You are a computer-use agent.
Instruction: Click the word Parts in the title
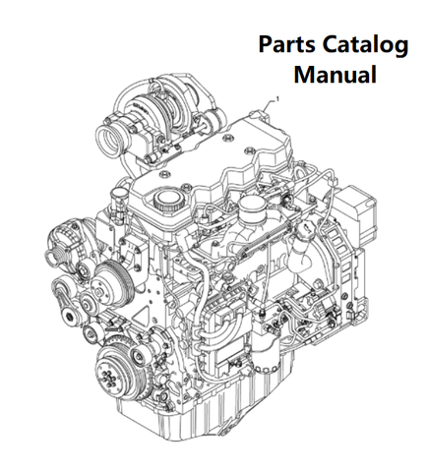pyautogui.click(x=287, y=44)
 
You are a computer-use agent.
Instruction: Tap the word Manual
pyautogui.click(x=335, y=75)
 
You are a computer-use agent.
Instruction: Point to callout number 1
pyautogui.click(x=278, y=98)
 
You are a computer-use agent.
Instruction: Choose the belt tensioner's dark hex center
pyautogui.click(x=70, y=317)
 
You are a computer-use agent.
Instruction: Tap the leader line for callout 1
pyautogui.click(x=269, y=104)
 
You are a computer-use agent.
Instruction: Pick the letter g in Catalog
pyautogui.click(x=400, y=48)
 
